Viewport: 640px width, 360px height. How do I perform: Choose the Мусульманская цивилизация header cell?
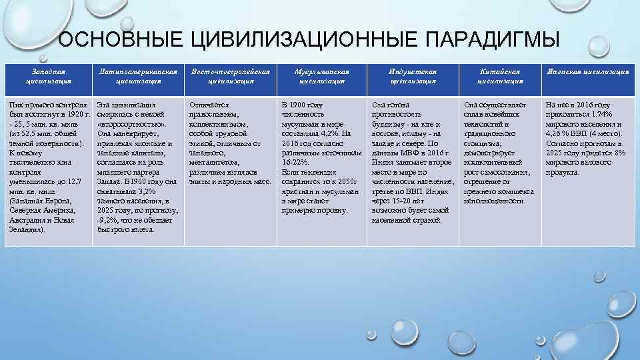[x=321, y=76]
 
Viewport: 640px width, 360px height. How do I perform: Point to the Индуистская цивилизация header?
[x=413, y=76]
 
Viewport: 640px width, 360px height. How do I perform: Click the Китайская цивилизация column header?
[x=500, y=76]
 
